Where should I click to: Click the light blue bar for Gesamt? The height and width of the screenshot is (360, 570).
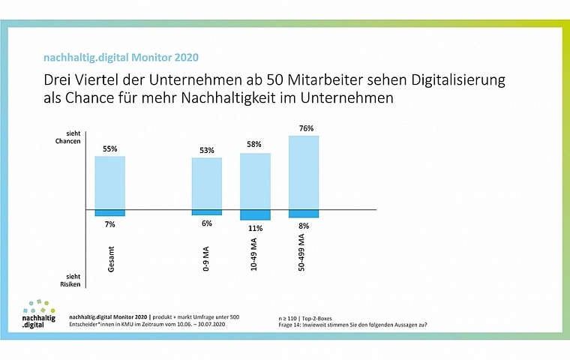109,182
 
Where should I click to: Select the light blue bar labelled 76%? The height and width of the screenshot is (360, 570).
303,172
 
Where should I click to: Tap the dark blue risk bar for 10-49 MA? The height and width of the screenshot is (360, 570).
255,214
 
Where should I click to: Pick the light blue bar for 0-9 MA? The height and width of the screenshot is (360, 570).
206,183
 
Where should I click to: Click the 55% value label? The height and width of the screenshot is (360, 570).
109,149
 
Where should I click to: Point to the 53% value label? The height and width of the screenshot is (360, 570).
206,151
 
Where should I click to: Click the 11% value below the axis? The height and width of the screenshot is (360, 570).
255,227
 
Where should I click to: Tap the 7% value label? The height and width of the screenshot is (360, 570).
109,223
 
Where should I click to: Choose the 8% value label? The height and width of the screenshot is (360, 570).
303,225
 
